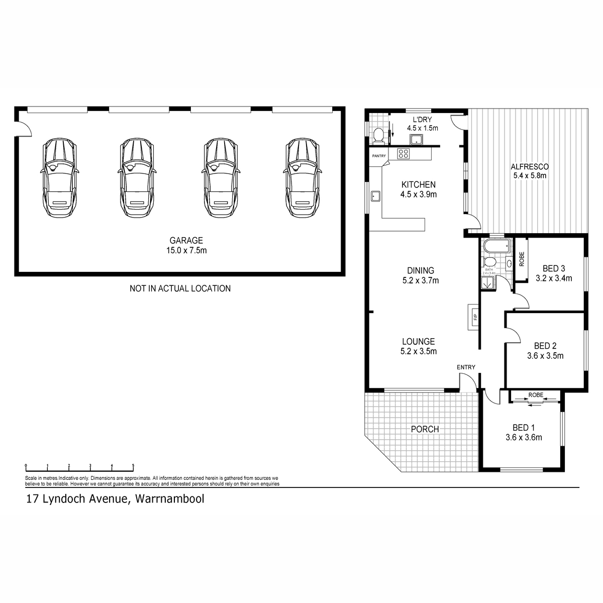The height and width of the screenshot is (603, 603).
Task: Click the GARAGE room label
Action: coord(186,241)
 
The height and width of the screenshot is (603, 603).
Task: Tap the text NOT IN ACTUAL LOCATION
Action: coord(180,288)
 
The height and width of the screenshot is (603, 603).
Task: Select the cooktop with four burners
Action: coord(404,153)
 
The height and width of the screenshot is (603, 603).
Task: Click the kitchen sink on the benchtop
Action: coord(375,195)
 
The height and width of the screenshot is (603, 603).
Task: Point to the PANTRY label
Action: coord(379,156)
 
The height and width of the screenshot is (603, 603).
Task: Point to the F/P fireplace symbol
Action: coord(473,317)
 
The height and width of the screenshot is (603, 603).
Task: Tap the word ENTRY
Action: coord(466,367)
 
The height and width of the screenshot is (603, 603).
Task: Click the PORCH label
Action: coord(425,429)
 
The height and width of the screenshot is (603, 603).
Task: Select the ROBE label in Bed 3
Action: coord(522,258)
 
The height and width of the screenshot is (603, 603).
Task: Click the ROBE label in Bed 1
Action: coord(536,395)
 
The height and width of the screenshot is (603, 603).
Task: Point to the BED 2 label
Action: coord(545,346)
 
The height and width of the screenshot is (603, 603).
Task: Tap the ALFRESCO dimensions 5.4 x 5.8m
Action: coord(529,176)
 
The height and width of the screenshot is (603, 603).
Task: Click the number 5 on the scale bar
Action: coord(133,465)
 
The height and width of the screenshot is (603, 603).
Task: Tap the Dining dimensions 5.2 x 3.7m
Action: coord(421,280)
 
